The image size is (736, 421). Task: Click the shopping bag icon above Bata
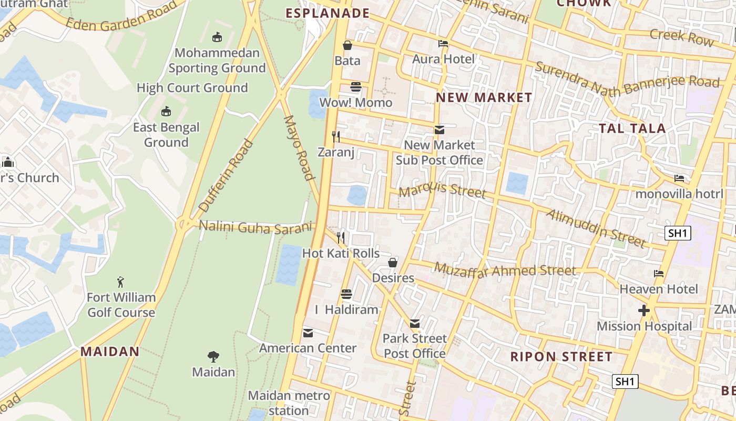[x=347, y=46]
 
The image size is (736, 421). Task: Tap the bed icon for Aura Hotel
[x=443, y=44]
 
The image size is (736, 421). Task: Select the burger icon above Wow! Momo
[x=356, y=87]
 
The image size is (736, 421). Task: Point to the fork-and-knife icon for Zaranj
[x=336, y=137]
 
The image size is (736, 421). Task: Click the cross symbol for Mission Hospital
[x=643, y=310]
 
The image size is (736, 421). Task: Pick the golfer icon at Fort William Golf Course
[x=121, y=282]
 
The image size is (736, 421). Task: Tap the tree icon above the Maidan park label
[x=213, y=357]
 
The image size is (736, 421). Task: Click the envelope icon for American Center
[x=308, y=333]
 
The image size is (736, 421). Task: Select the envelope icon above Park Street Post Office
[x=415, y=323]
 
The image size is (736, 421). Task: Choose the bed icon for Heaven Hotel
[x=658, y=274]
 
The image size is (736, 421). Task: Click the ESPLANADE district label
[x=328, y=13]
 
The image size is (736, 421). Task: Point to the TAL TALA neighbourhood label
[x=632, y=128]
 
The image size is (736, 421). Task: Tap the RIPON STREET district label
[x=561, y=357]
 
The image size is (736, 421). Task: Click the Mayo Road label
[x=299, y=147]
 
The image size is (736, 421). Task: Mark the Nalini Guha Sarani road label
[x=255, y=227]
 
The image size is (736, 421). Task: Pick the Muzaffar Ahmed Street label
[x=505, y=270]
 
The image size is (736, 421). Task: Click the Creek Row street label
[x=682, y=37]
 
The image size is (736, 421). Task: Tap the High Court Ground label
[x=192, y=88]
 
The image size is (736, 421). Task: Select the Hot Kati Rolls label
[x=341, y=253]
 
